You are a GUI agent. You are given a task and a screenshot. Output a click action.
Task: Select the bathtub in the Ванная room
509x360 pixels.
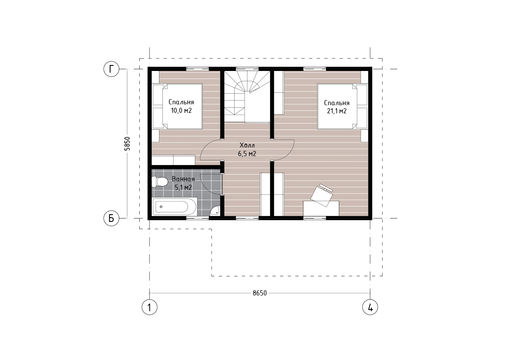(174, 207)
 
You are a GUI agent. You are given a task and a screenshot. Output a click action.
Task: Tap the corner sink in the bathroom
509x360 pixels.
(215, 211)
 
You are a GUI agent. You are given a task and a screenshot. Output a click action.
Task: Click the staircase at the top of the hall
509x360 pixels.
(247, 97)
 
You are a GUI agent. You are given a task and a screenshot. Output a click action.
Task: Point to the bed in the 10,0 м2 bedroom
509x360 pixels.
(177, 106)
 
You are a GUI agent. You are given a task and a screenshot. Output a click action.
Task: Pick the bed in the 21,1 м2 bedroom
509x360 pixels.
(342, 106)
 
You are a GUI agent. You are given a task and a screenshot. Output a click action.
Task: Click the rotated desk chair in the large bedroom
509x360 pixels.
(322, 195)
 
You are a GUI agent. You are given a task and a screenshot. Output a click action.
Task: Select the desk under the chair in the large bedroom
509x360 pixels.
(321, 208)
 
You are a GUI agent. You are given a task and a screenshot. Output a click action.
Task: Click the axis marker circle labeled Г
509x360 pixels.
(112, 69)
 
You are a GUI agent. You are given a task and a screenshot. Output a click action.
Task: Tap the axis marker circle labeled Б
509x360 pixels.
(112, 218)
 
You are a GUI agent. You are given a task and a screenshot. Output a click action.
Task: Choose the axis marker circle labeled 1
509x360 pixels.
(149, 307)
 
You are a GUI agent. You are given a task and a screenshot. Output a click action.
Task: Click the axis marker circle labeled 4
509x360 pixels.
(370, 307)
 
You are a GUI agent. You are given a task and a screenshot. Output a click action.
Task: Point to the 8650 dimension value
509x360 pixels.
(260, 293)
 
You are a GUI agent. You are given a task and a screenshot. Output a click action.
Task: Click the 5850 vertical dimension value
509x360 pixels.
(127, 144)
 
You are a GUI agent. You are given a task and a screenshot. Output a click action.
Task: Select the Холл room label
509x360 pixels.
(247, 145)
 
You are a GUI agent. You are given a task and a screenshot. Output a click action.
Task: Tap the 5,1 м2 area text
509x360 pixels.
(183, 188)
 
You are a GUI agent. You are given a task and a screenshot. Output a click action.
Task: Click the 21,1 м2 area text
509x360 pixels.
(337, 111)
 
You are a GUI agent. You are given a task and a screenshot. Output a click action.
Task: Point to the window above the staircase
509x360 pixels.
(247, 68)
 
